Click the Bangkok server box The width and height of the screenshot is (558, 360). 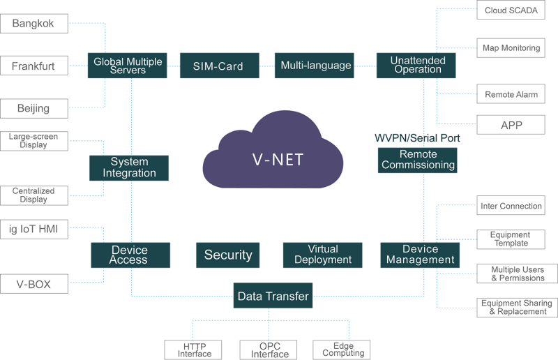[x=33, y=24]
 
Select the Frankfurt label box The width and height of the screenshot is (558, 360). [x=33, y=66]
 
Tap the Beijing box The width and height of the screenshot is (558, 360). [x=33, y=108]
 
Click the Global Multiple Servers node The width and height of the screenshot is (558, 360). [x=128, y=66]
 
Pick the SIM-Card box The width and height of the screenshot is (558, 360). [x=218, y=66]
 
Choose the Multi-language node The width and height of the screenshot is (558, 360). [x=315, y=66]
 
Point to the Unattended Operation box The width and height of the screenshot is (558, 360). [x=416, y=66]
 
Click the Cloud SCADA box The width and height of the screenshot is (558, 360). [x=511, y=10]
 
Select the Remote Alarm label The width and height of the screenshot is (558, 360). [x=511, y=94]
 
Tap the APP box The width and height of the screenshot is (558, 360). [x=511, y=125]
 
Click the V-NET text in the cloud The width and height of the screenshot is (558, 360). [x=278, y=159]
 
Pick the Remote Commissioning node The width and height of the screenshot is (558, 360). [x=417, y=160]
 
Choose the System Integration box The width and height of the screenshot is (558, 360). [x=129, y=168]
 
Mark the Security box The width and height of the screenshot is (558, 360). [x=228, y=255]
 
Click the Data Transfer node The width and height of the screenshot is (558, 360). [x=273, y=297]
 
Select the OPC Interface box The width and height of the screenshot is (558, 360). [x=269, y=350]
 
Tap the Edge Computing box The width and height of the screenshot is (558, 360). [x=342, y=350]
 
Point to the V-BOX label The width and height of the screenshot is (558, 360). [x=33, y=284]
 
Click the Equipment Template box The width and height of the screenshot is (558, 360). [x=510, y=239]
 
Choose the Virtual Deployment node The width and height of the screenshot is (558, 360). [x=322, y=255]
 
